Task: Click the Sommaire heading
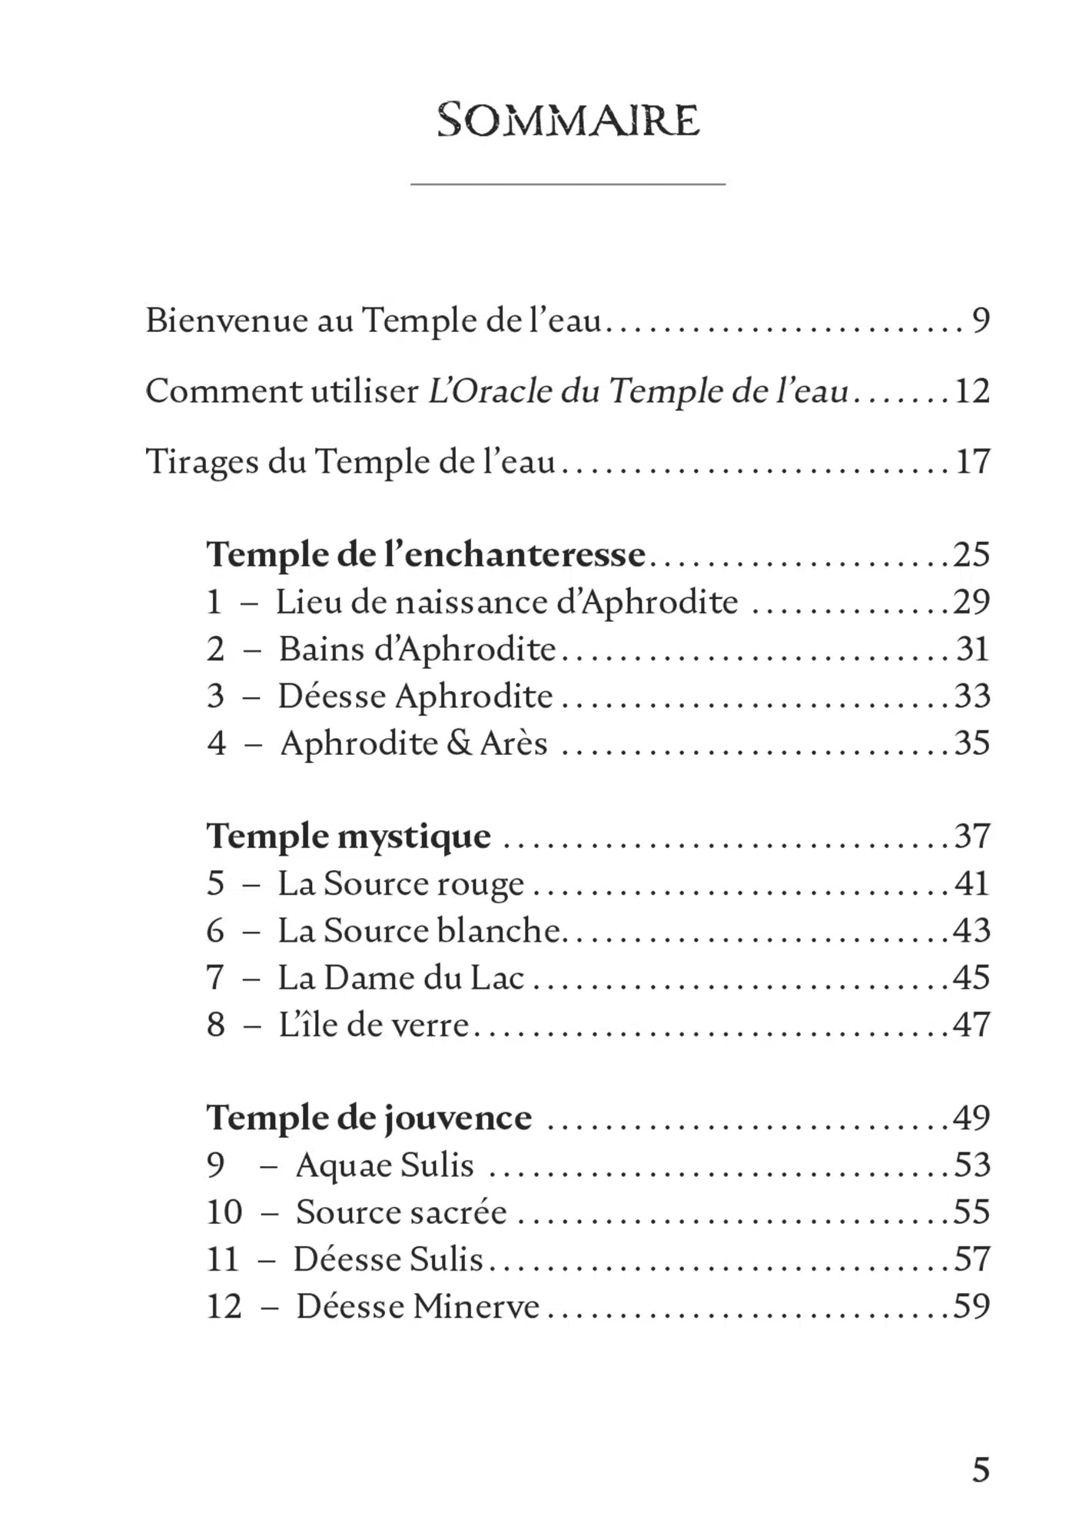pos(568,121)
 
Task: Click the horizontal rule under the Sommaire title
pos(568,185)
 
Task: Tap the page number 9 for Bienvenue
pos(981,320)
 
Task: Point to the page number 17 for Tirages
pos(972,462)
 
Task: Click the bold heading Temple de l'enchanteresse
pos(426,554)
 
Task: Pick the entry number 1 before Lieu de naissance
pos(214,602)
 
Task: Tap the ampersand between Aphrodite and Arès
pos(459,743)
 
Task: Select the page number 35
pos(972,743)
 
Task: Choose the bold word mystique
pos(414,837)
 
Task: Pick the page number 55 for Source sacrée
pos(972,1212)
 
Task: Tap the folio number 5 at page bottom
pos(981,1469)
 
